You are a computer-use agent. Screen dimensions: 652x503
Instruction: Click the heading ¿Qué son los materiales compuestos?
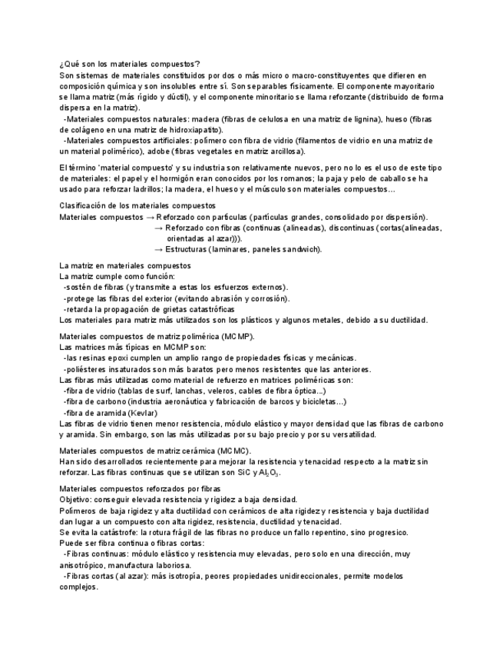click(130, 64)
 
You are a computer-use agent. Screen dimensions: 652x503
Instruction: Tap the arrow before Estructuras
click(159, 249)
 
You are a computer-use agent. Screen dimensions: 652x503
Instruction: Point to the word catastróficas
click(217, 309)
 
